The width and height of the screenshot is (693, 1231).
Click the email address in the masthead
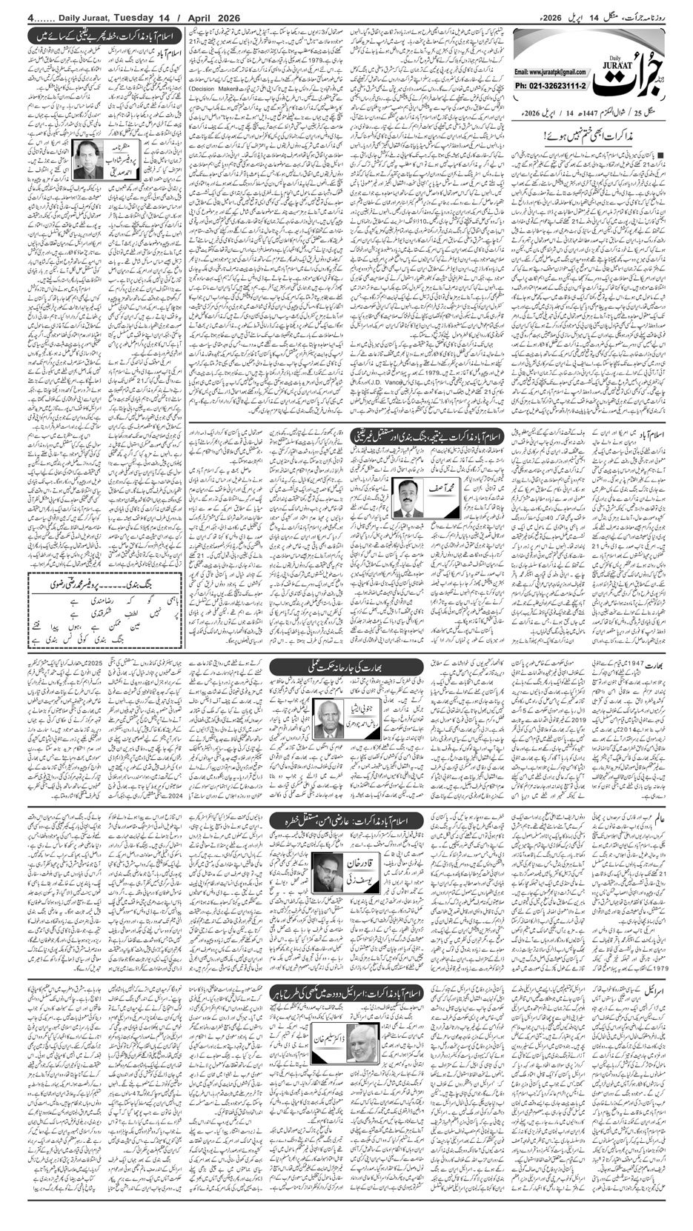coord(549,73)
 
